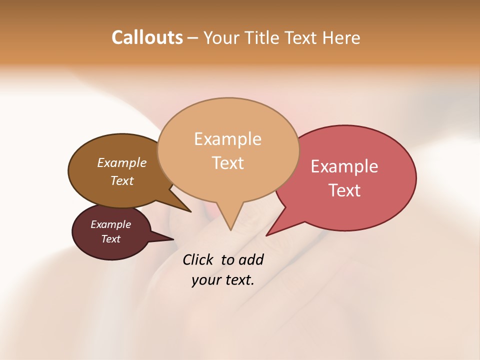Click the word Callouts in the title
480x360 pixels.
point(147,37)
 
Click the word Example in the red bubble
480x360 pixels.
point(344,166)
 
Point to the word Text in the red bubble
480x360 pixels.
point(344,190)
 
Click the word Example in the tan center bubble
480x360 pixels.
point(227,139)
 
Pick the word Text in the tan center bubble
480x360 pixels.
point(228,163)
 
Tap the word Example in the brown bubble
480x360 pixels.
point(122,162)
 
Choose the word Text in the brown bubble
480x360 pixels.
point(122,180)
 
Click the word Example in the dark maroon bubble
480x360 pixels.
point(110,224)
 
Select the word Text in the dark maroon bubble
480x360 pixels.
point(110,239)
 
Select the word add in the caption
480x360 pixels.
point(250,260)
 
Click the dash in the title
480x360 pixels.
point(193,37)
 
